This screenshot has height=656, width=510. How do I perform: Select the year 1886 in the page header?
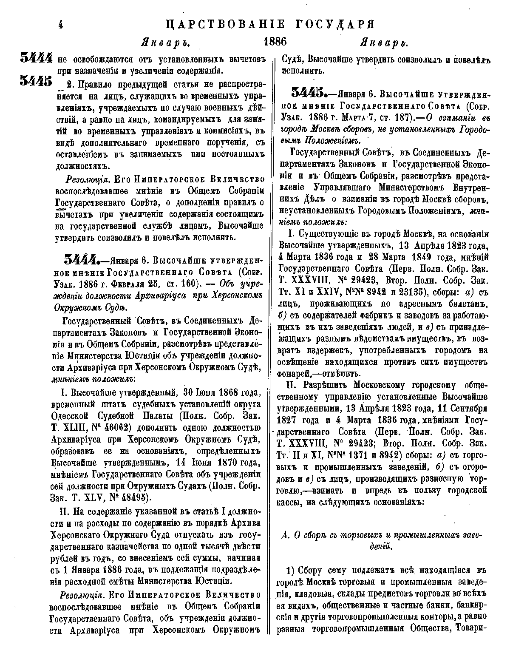(275, 42)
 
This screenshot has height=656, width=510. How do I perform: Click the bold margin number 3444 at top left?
(36, 58)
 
